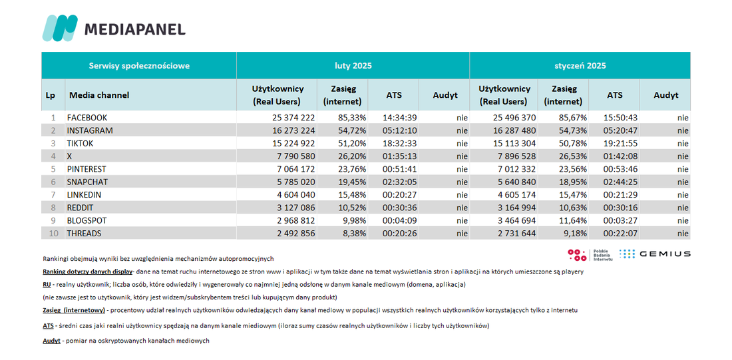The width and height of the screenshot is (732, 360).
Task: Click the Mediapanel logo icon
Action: (x=60, y=28)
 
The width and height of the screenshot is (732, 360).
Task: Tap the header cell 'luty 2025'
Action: (x=353, y=66)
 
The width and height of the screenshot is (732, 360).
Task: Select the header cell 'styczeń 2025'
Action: (x=580, y=66)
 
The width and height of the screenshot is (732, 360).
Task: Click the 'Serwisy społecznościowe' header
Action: (x=139, y=66)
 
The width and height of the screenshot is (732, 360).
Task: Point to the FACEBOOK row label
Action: (x=87, y=118)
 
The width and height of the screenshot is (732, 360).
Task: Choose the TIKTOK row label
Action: (x=81, y=143)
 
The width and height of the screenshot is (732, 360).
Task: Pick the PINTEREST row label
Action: (x=87, y=169)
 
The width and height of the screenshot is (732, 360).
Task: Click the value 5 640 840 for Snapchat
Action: (x=513, y=182)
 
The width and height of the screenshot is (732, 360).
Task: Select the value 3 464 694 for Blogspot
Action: (x=513, y=220)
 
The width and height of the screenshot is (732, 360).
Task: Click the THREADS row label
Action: (x=84, y=234)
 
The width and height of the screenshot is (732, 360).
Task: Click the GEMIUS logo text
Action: (x=665, y=254)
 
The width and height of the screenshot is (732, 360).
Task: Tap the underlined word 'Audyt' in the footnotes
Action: (x=51, y=341)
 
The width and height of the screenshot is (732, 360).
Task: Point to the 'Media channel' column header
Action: (x=99, y=95)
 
